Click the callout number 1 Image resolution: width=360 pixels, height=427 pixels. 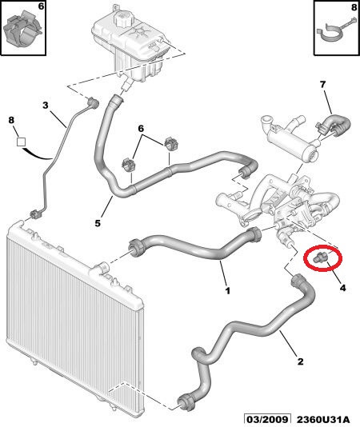[227, 290]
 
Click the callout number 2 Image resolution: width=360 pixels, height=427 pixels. [300, 361]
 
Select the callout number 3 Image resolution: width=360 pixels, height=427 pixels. [46, 105]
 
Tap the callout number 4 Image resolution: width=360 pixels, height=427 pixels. [342, 288]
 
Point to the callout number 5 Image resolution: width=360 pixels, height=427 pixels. [98, 223]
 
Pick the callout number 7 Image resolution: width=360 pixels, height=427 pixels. [322, 85]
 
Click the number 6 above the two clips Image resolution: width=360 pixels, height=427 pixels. [141, 128]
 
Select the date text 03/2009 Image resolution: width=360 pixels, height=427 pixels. [266, 419]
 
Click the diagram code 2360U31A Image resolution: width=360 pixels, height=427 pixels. [323, 419]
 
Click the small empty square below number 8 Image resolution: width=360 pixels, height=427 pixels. [21, 142]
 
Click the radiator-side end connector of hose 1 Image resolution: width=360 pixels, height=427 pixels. [135, 247]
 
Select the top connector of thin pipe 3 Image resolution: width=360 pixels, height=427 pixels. [92, 103]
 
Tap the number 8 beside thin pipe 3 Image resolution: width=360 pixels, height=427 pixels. [11, 120]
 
